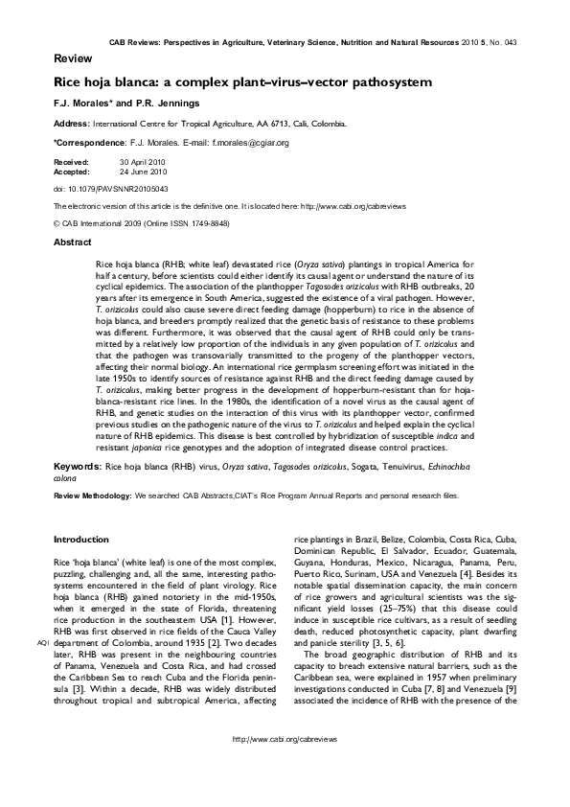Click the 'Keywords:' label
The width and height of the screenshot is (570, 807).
coord(78,465)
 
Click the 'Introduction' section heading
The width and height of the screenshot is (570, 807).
coord(80,540)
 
